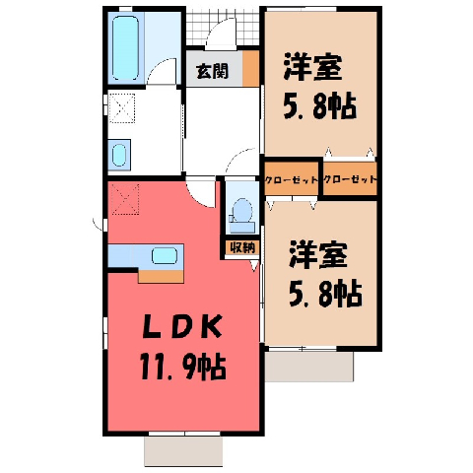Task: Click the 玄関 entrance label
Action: coord(212,71)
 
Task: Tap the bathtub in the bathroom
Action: coord(125,48)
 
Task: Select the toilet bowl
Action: coord(241,209)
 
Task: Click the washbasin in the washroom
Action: coord(119,155)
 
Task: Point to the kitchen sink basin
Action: coord(165,256)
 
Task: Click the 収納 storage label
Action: coord(242,247)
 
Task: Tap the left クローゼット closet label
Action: coord(292,179)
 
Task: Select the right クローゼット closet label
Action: coord(350,179)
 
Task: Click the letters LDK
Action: coord(182,326)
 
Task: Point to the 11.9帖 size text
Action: coord(183,367)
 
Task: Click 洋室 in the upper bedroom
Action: coord(312,67)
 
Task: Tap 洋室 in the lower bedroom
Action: coord(318,255)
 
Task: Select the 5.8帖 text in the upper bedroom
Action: coord(319,105)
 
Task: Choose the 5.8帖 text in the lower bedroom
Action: coord(325,294)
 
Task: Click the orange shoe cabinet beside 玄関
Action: coord(251,69)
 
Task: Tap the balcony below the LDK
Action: coord(183,451)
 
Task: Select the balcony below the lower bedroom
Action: coord(309,367)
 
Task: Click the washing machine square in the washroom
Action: coord(122,108)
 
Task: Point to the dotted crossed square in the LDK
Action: coord(125,199)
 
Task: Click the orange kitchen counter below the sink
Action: coord(161,276)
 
